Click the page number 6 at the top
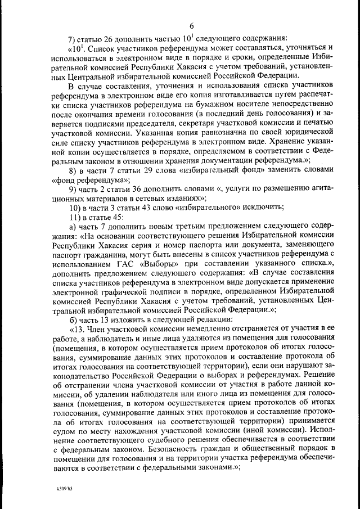coord(191,26)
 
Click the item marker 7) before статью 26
coord(73,39)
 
